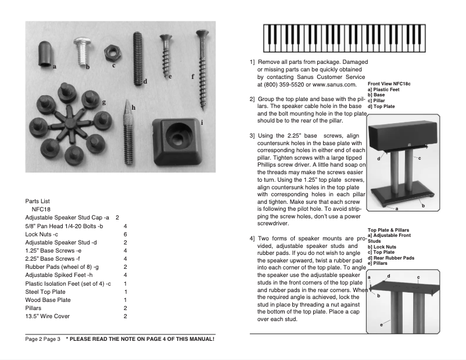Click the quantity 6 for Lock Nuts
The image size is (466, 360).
[126, 234]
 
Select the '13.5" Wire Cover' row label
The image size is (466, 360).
[48, 316]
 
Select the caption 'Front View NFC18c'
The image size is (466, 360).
[389, 84]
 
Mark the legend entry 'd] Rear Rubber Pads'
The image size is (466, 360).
[392, 258]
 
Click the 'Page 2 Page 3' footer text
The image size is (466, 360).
[43, 339]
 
